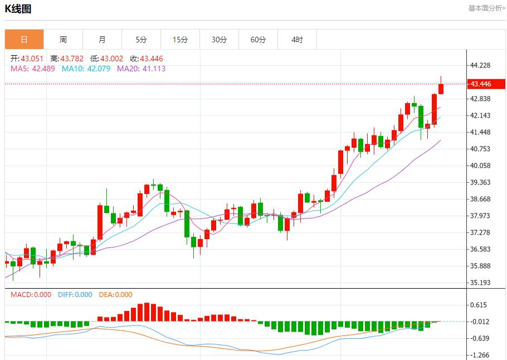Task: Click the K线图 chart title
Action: click(x=18, y=9)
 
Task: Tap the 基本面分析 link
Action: click(x=486, y=8)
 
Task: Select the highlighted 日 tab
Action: click(x=24, y=40)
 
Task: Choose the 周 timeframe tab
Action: click(x=63, y=40)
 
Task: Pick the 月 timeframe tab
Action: click(x=102, y=40)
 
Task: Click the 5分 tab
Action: click(x=141, y=40)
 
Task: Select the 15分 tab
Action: click(x=180, y=40)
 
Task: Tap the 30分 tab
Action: click(x=219, y=40)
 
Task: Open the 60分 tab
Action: click(x=258, y=40)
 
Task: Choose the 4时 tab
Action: click(x=297, y=40)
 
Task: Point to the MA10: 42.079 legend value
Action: click(x=86, y=69)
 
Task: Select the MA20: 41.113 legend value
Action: click(x=141, y=69)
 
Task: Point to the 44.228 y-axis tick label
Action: click(x=480, y=65)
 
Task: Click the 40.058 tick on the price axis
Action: click(x=480, y=166)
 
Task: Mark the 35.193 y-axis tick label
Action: click(x=480, y=283)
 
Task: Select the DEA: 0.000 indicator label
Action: click(x=115, y=295)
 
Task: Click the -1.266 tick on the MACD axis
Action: click(x=480, y=355)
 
